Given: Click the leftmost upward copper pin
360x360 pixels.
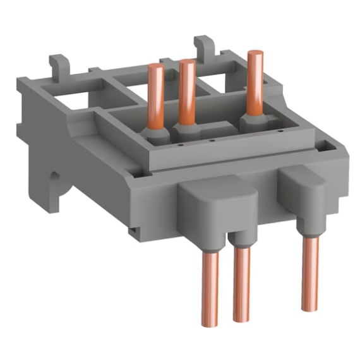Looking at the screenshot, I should coord(156,95).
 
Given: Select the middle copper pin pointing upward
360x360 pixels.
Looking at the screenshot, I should coord(186,92).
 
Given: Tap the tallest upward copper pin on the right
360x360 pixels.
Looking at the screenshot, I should coord(255,82).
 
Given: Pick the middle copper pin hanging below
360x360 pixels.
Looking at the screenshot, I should coord(240,284).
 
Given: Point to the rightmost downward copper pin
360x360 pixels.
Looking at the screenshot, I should coord(309,272).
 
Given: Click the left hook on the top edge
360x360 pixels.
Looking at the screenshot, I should coord(58,65).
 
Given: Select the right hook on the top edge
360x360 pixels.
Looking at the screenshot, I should coord(203,45).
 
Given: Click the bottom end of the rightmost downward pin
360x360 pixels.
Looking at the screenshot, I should coord(309,308).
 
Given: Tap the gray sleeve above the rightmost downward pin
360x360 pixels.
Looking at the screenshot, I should coord(308,228).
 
